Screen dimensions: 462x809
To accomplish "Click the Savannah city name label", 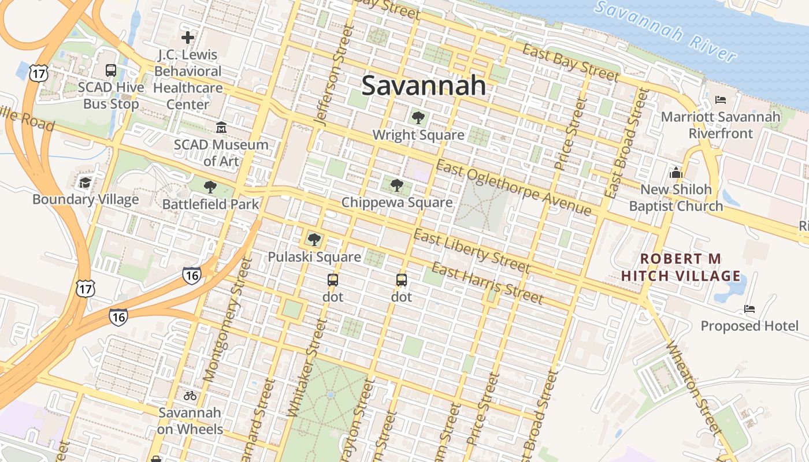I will [x=424, y=85].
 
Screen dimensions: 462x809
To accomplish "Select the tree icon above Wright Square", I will [x=418, y=118].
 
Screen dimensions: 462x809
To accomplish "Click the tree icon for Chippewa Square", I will [x=396, y=185].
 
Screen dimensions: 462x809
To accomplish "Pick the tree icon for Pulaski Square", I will [x=314, y=239].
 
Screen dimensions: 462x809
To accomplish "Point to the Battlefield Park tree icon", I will [x=210, y=187].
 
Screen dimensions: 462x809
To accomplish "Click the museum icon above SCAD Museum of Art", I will [x=221, y=127].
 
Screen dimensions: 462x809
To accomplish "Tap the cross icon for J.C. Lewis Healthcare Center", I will [x=187, y=38].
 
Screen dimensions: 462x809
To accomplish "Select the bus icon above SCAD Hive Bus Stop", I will [x=111, y=70].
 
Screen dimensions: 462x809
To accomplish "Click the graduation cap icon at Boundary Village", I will [x=86, y=183].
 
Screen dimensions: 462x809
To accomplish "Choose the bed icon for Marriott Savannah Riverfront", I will [x=720, y=99].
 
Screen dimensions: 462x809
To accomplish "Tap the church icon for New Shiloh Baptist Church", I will [x=676, y=173].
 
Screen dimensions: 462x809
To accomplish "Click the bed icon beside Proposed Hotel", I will [x=749, y=309].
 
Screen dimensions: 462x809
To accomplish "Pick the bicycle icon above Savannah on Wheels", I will [x=190, y=396].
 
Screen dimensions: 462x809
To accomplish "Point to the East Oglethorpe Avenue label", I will [x=514, y=188].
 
